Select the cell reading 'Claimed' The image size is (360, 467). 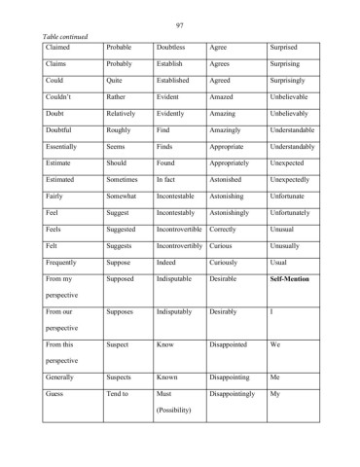tap(58, 47)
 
